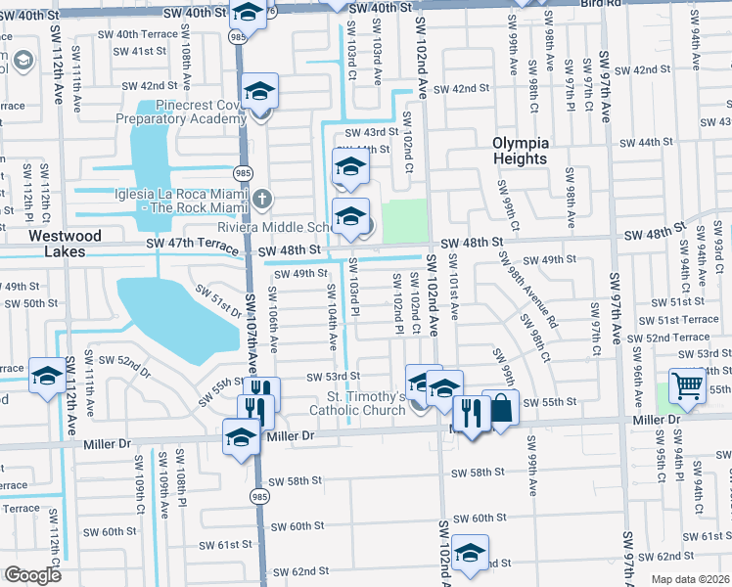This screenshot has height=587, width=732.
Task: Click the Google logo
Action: click(31, 575)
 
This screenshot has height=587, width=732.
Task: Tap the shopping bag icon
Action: click(501, 408)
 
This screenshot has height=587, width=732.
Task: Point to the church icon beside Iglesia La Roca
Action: click(260, 200)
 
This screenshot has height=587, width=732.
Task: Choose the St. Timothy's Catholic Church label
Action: click(366, 403)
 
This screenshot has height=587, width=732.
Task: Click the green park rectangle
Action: click(404, 221)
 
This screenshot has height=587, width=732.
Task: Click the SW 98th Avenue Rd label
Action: click(526, 293)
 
